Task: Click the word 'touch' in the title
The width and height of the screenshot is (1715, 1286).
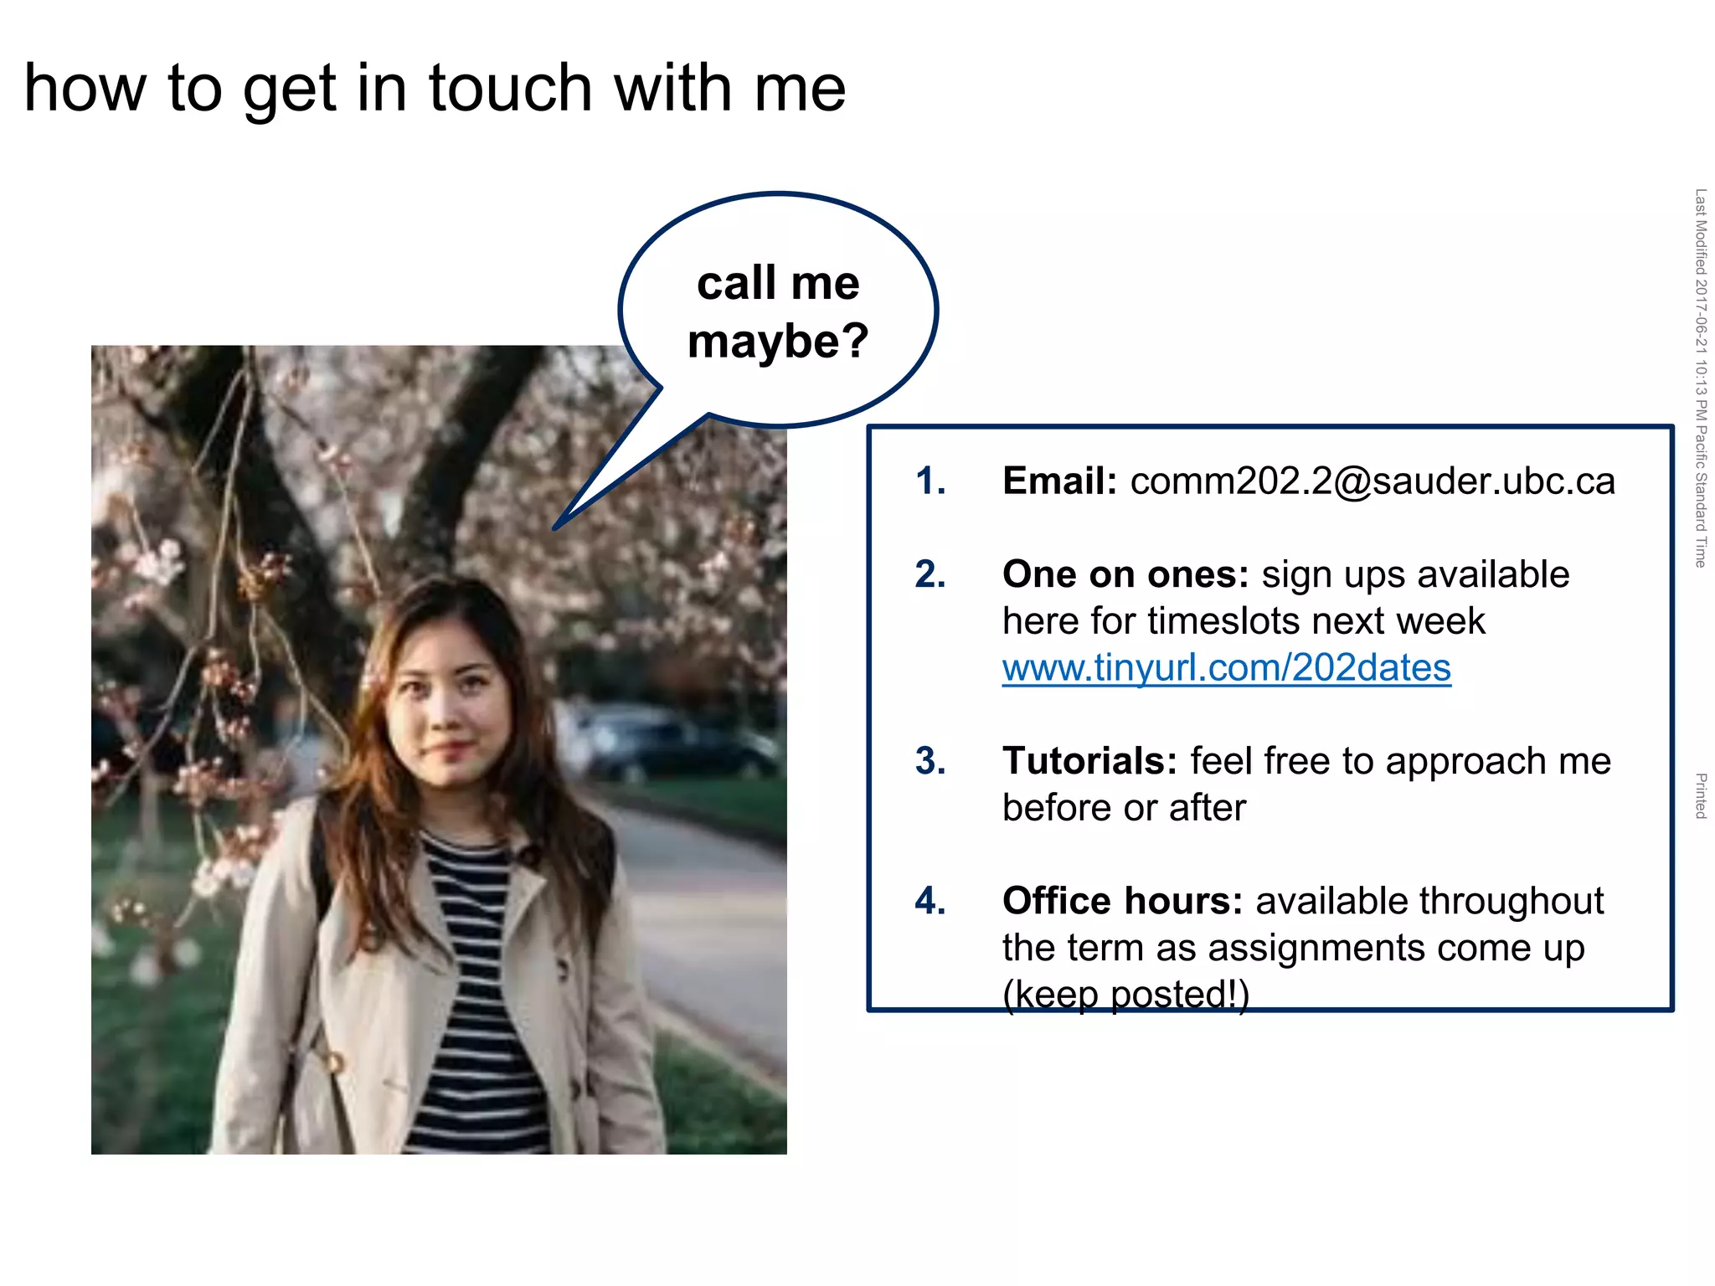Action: [x=510, y=88]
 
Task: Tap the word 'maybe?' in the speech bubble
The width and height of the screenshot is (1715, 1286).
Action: [x=777, y=342]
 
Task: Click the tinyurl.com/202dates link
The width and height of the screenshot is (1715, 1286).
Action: [x=1226, y=668]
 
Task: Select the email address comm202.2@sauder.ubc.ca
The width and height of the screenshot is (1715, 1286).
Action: [x=1372, y=481]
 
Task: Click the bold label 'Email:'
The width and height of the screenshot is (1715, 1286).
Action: [x=1058, y=481]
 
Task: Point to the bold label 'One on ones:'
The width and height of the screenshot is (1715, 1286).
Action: [x=1125, y=575]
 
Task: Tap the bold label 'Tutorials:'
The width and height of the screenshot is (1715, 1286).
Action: [x=1089, y=762]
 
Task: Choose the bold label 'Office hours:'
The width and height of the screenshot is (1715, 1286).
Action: [x=1122, y=902]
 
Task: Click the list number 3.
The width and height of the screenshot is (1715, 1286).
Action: [x=930, y=762]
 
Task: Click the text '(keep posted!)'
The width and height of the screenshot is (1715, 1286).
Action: [x=1125, y=995]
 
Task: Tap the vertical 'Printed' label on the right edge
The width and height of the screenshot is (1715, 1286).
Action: [x=1700, y=795]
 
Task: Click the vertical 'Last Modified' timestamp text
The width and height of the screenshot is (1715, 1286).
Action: [x=1700, y=377]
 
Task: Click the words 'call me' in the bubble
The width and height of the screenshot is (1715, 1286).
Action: [x=777, y=283]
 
